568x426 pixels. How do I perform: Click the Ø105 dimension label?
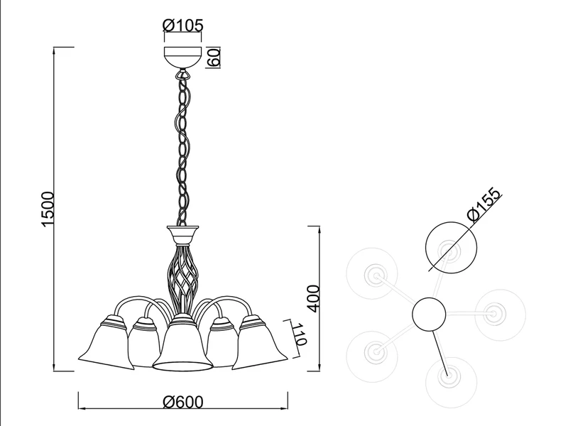183,26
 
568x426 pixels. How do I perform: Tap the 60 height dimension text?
214,58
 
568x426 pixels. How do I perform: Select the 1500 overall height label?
48,209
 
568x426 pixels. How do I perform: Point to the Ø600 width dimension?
183,402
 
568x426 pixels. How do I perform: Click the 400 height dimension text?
314,298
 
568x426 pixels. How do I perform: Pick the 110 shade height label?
300,334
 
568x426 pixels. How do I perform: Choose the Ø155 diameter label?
485,204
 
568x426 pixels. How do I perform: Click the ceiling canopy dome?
183,58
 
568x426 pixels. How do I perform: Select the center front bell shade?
182,342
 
